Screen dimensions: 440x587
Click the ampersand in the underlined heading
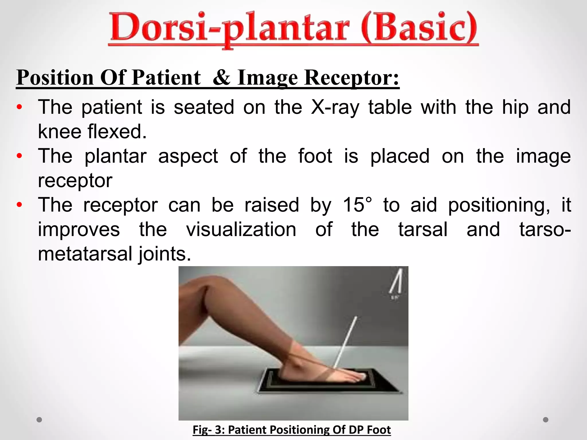click(x=222, y=78)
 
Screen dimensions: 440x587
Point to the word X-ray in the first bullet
click(x=335, y=107)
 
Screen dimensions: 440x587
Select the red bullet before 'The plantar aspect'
click(x=19, y=156)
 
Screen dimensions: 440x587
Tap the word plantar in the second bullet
click(x=115, y=156)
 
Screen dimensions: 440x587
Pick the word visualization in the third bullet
click(x=241, y=230)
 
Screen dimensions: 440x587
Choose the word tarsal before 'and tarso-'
click(x=423, y=230)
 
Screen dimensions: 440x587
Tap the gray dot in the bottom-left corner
click(x=40, y=420)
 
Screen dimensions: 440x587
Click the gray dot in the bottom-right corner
click(x=546, y=420)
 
